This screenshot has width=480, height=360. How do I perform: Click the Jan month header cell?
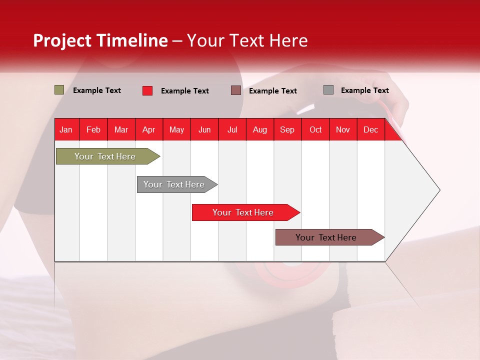[66, 129]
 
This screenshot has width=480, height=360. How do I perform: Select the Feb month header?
[93, 129]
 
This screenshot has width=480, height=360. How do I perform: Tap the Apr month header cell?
[149, 129]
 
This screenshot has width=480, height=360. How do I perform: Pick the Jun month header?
[204, 129]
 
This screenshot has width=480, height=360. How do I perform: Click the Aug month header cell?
[260, 129]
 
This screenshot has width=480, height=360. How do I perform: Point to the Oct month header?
[315, 129]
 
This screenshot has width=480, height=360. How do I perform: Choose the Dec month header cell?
[371, 129]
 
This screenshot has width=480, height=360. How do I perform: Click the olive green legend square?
[59, 90]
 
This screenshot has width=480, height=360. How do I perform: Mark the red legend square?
[147, 90]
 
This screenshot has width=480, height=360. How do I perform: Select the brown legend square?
[236, 90]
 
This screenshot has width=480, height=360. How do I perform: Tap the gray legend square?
[328, 90]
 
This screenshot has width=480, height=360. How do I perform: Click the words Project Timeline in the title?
[100, 40]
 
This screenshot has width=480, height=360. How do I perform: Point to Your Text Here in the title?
[247, 40]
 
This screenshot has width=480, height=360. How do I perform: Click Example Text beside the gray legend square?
[364, 90]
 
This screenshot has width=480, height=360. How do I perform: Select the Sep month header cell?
[287, 129]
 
